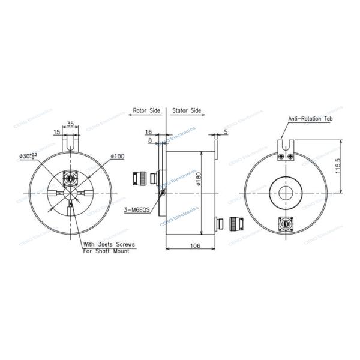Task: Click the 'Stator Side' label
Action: coord(187,111)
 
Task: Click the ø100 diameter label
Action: coord(118,157)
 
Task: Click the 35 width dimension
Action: coord(71,124)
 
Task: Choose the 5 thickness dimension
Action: coord(225,131)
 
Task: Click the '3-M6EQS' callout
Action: coord(136,210)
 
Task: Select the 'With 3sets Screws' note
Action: coord(109,244)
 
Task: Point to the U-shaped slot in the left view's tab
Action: coord(71,143)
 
